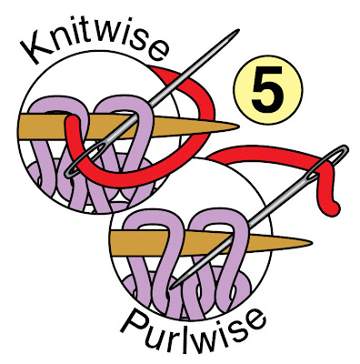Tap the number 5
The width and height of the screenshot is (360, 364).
tap(267, 89)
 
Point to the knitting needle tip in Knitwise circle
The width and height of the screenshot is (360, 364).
tap(238, 126)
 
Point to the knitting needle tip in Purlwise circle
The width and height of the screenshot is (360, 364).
tap(311, 243)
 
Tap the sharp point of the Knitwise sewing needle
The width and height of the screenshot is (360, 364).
tap(238, 30)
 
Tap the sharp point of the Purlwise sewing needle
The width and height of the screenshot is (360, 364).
tap(172, 288)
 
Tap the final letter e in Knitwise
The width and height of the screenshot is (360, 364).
tap(157, 51)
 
